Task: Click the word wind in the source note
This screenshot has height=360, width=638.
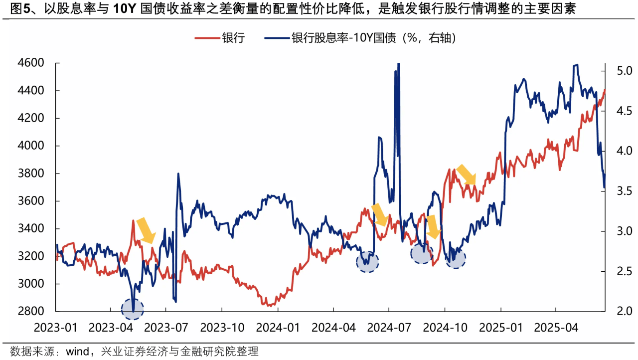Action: click(x=75, y=352)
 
